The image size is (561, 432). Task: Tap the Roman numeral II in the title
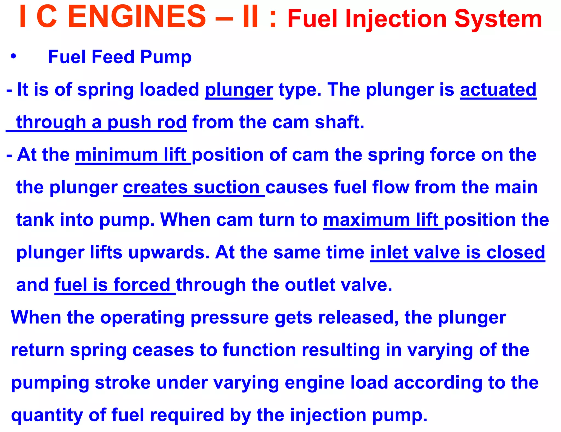[250, 17]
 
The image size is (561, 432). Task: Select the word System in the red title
[498, 19]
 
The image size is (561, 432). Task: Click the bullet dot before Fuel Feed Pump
[13, 56]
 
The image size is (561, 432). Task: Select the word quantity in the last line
[47, 415]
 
